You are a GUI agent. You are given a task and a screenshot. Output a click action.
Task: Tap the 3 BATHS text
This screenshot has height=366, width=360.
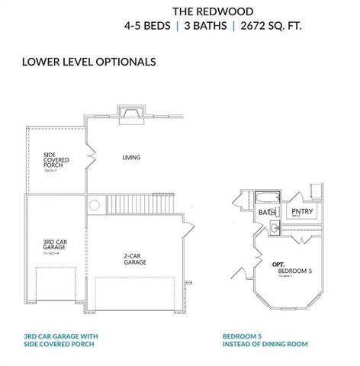(202, 25)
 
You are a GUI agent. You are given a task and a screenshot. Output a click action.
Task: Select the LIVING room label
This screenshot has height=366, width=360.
(131, 158)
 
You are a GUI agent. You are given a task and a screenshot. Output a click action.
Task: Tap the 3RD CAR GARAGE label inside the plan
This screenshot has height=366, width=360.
(54, 246)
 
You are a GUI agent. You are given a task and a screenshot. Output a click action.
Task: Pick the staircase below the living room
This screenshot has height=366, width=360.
(134, 204)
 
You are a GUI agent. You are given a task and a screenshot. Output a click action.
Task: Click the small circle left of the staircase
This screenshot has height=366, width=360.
(94, 204)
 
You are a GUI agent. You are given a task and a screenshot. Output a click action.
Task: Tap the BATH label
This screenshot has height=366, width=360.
(265, 212)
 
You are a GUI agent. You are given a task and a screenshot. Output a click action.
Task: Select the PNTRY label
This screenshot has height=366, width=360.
(302, 212)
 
